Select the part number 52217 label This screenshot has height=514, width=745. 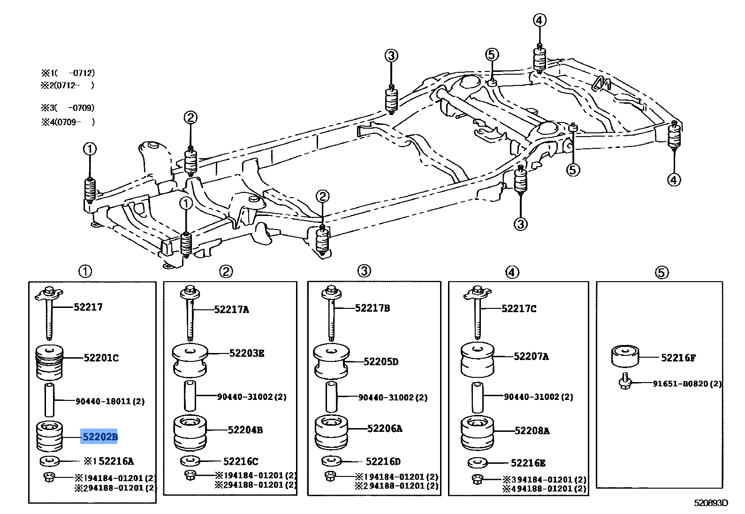click(x=88, y=307)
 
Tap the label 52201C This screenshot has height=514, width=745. click(x=101, y=358)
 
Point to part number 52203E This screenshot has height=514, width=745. click(x=247, y=353)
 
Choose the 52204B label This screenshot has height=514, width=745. click(x=245, y=430)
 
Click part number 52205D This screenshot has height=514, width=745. click(x=381, y=361)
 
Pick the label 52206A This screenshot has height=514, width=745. click(x=385, y=429)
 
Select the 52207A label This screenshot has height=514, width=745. click(x=531, y=357)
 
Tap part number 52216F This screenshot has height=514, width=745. click(x=678, y=358)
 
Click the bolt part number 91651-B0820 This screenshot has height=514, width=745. click(x=680, y=384)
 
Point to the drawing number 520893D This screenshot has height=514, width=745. click(x=711, y=503)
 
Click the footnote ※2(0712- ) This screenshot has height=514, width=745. click(x=68, y=85)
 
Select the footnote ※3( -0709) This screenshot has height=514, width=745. click(x=68, y=108)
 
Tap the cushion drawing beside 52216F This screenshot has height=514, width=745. click(x=625, y=356)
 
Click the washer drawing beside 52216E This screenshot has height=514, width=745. click(x=477, y=462)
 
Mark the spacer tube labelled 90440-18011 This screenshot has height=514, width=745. click(x=49, y=399)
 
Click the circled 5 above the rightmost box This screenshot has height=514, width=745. click(x=661, y=273)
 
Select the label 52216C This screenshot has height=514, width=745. click(x=241, y=461)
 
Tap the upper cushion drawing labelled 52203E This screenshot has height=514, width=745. click(x=190, y=361)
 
